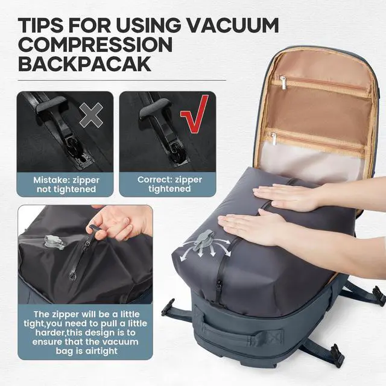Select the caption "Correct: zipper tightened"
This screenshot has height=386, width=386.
point(166,184)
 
